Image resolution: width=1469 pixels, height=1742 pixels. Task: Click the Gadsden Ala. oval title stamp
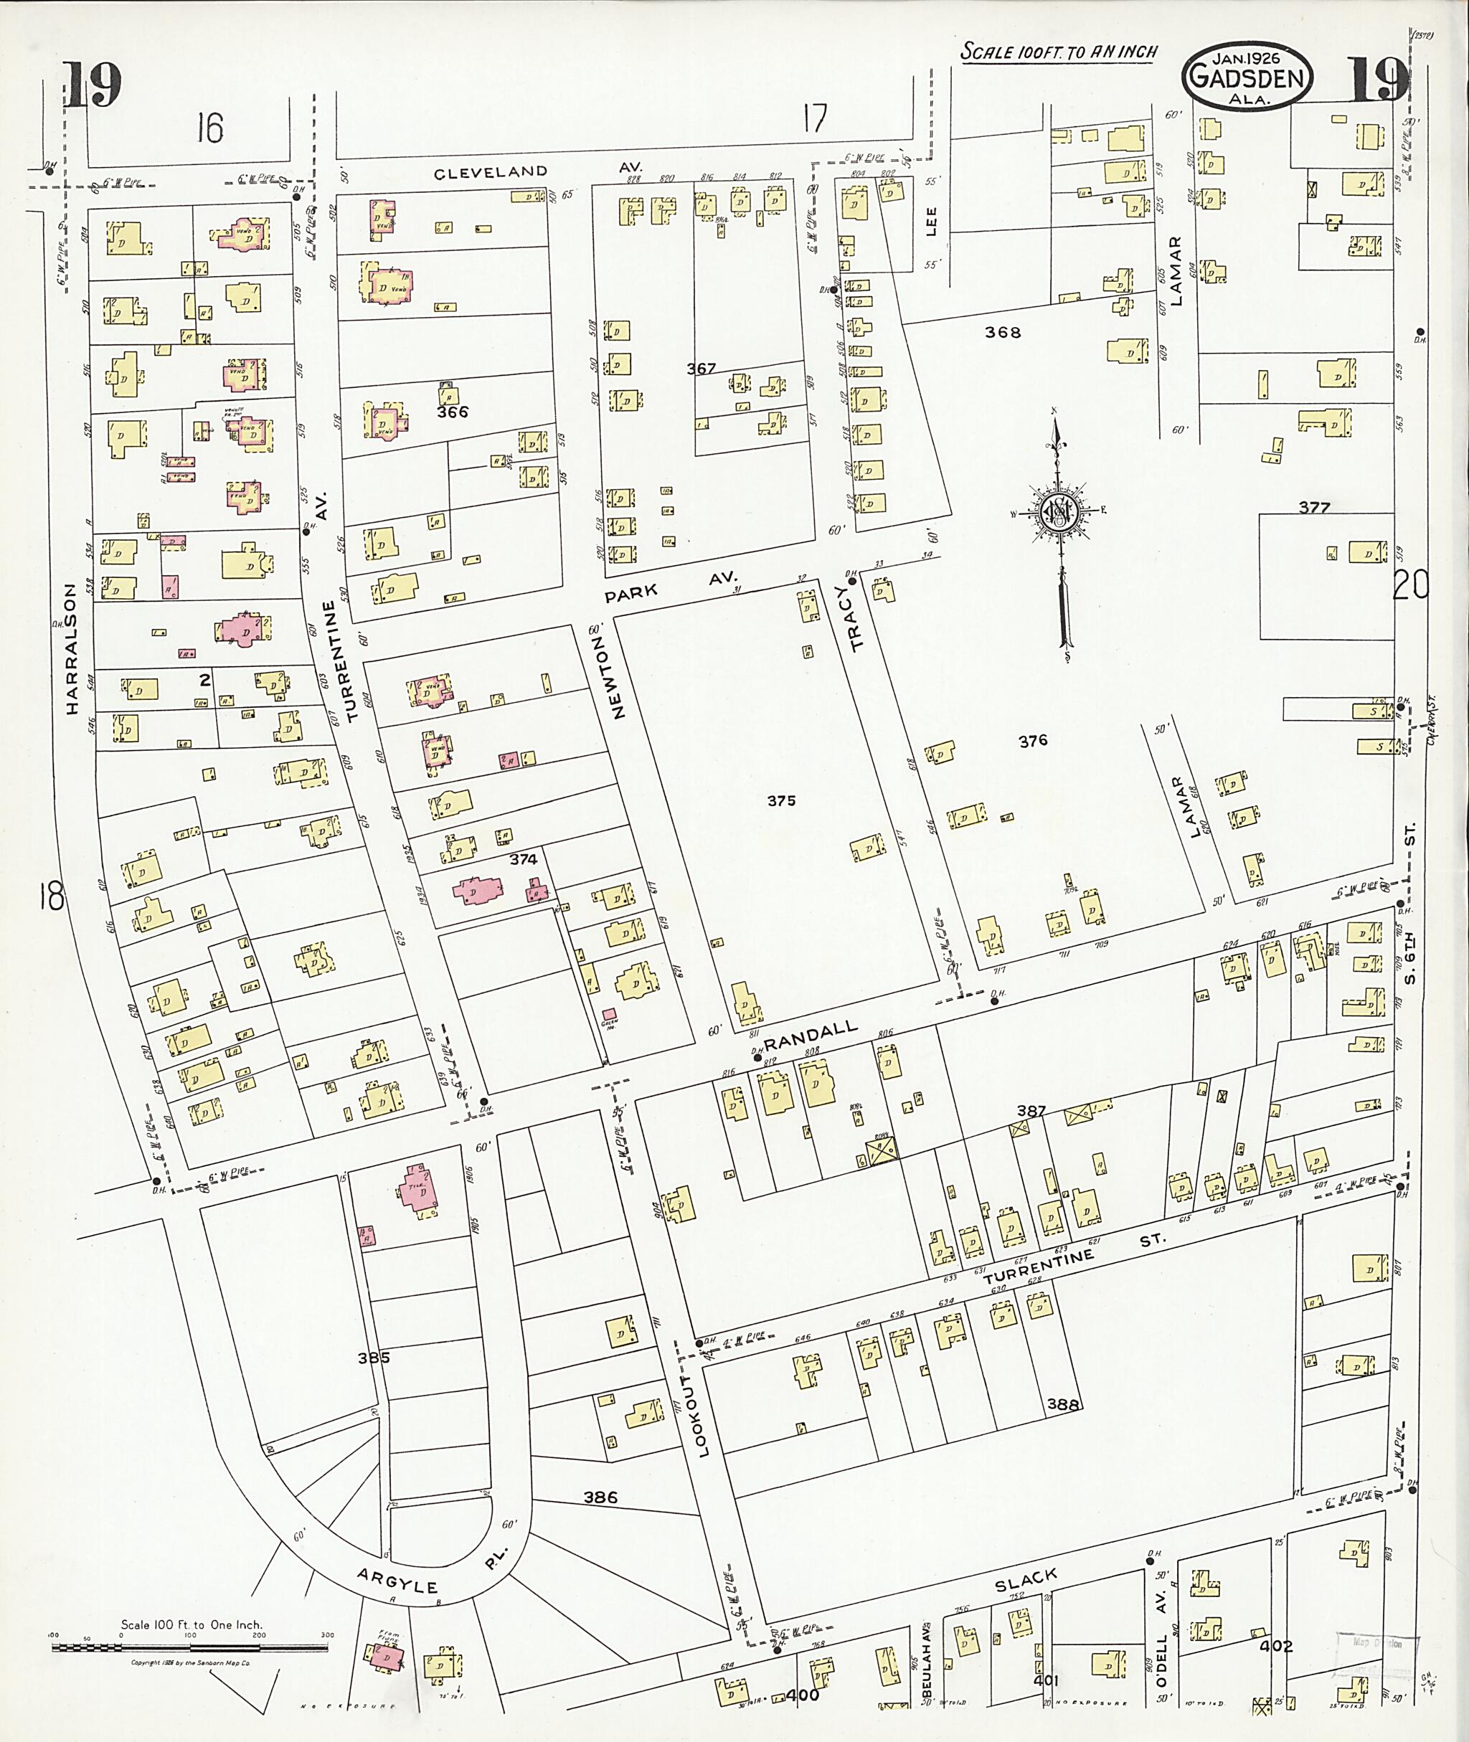coord(1247,77)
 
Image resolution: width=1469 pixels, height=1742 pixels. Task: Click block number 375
coord(781,800)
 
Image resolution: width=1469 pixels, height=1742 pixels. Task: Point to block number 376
coord(1033,740)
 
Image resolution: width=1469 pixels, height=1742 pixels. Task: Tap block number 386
coord(600,1496)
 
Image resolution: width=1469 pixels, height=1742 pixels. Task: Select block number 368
coord(1003,332)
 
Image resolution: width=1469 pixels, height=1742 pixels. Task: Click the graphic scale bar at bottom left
coord(192,1647)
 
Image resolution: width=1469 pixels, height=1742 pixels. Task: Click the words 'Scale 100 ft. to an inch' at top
coord(1059,52)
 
